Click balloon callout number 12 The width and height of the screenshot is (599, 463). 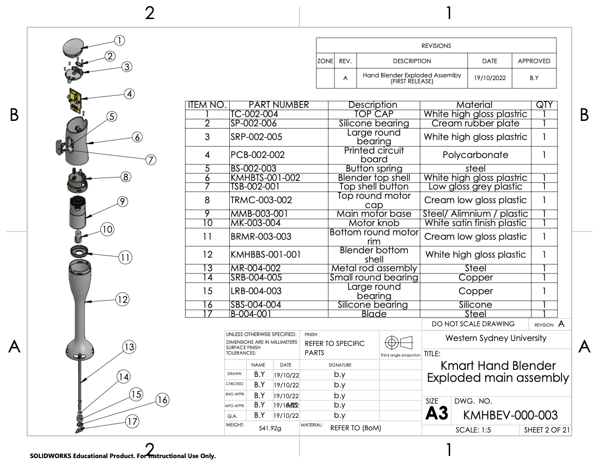pyautogui.click(x=122, y=299)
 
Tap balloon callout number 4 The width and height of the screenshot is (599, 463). pyautogui.click(x=129, y=94)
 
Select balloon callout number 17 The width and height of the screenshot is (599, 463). pyautogui.click(x=132, y=421)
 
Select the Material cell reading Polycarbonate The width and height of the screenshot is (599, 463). pyautogui.click(x=475, y=155)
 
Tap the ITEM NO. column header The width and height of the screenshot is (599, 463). pyautogui.click(x=207, y=105)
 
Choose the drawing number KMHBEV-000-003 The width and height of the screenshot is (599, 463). pyautogui.click(x=510, y=416)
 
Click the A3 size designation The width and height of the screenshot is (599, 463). pyautogui.click(x=437, y=413)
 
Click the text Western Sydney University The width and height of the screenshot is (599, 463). pyautogui.click(x=496, y=338)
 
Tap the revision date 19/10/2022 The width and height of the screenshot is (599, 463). pyautogui.click(x=490, y=78)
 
